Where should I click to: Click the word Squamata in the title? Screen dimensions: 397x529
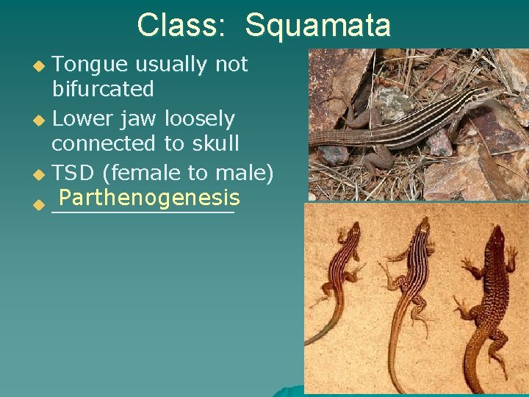317,25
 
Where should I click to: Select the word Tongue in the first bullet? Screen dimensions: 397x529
93,65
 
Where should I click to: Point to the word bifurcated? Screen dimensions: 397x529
103,90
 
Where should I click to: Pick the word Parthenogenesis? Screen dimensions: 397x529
150,198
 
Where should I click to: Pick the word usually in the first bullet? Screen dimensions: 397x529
174,65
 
